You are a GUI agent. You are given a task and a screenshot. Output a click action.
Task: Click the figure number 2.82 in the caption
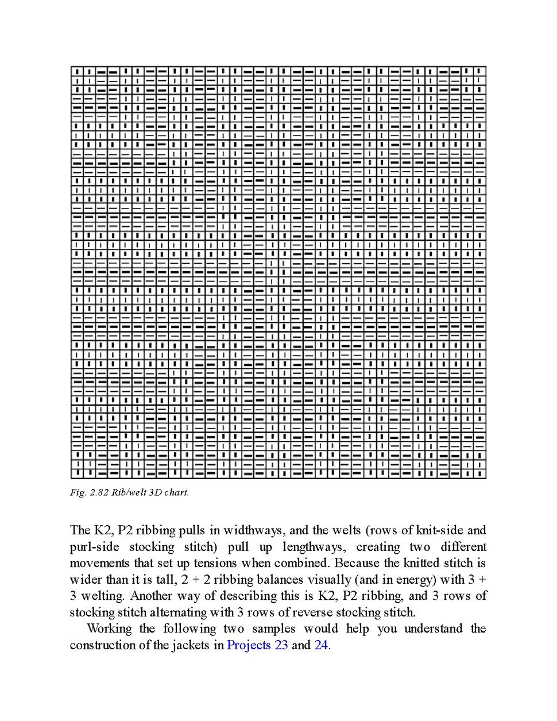pos(99,492)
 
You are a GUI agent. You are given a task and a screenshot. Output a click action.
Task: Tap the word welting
pos(102,596)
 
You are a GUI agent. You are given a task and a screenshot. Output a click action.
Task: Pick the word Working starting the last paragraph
pos(109,629)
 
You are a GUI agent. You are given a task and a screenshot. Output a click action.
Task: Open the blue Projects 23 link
pos(257,645)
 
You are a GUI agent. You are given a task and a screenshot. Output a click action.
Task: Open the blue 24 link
pos(321,645)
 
